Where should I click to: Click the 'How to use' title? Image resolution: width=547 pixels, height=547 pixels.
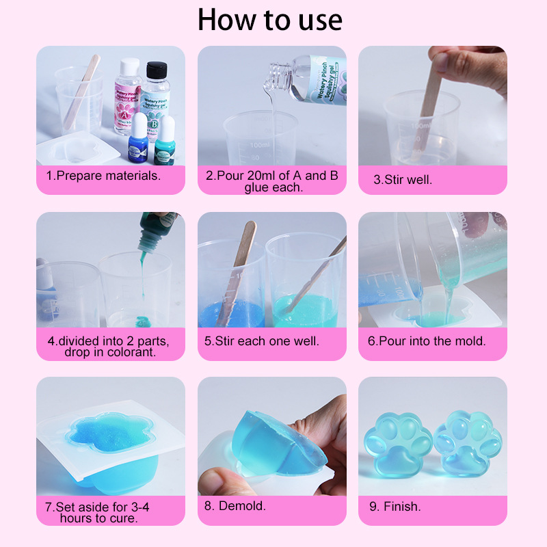click(269, 20)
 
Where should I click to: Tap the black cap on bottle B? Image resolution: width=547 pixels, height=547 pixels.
click(157, 70)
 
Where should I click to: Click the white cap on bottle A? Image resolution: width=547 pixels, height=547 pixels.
click(130, 66)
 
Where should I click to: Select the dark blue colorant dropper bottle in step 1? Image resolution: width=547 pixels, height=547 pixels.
click(138, 138)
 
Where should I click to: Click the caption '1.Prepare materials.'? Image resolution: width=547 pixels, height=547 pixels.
click(103, 176)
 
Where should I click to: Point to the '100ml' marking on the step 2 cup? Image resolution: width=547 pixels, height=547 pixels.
click(260, 145)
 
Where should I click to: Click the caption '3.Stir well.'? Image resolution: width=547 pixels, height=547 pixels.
click(403, 180)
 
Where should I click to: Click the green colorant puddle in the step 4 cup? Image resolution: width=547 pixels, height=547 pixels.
click(143, 321)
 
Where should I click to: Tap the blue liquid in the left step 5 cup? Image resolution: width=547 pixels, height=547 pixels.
click(231, 315)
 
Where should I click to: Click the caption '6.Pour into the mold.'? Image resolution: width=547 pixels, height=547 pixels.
click(427, 341)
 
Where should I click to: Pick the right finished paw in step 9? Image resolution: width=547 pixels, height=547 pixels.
click(468, 442)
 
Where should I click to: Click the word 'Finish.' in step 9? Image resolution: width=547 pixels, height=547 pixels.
click(402, 507)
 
